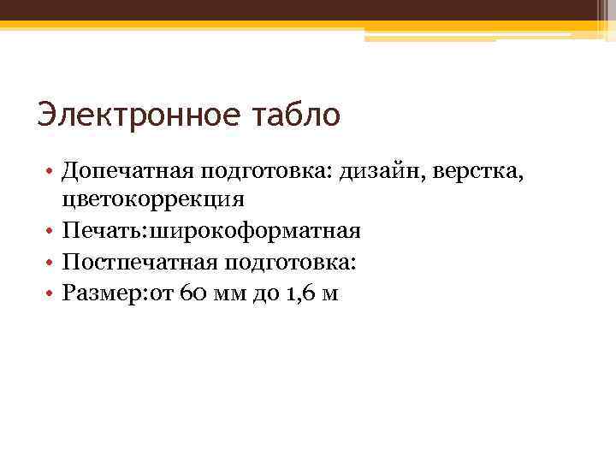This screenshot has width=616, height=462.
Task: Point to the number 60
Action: point(192,293)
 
